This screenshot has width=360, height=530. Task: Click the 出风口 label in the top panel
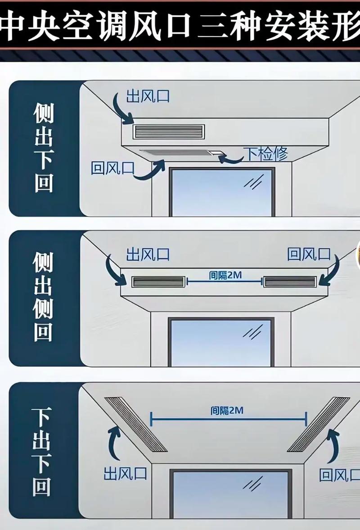tap(148, 96)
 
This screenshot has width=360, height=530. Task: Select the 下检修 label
tap(265, 154)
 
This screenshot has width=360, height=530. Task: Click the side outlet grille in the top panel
tap(168, 131)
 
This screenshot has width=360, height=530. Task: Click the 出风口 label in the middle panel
tap(148, 254)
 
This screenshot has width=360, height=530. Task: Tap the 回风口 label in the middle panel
tap(309, 254)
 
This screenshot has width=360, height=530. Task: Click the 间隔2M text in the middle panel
tap(225, 276)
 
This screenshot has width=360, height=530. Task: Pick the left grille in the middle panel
tap(158, 282)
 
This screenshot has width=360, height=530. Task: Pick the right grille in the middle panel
tap(291, 282)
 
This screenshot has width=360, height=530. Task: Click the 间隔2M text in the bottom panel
tap(227, 410)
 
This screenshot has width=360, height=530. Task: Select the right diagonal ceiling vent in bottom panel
tap(319, 424)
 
